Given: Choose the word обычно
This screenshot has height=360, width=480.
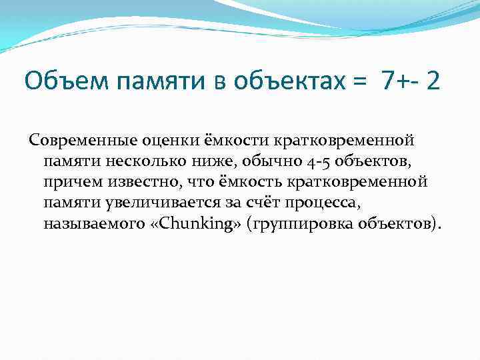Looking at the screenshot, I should (x=255, y=161).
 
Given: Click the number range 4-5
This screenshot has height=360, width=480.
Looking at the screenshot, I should (x=301, y=161).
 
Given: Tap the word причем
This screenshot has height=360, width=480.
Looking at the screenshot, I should (x=69, y=181).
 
